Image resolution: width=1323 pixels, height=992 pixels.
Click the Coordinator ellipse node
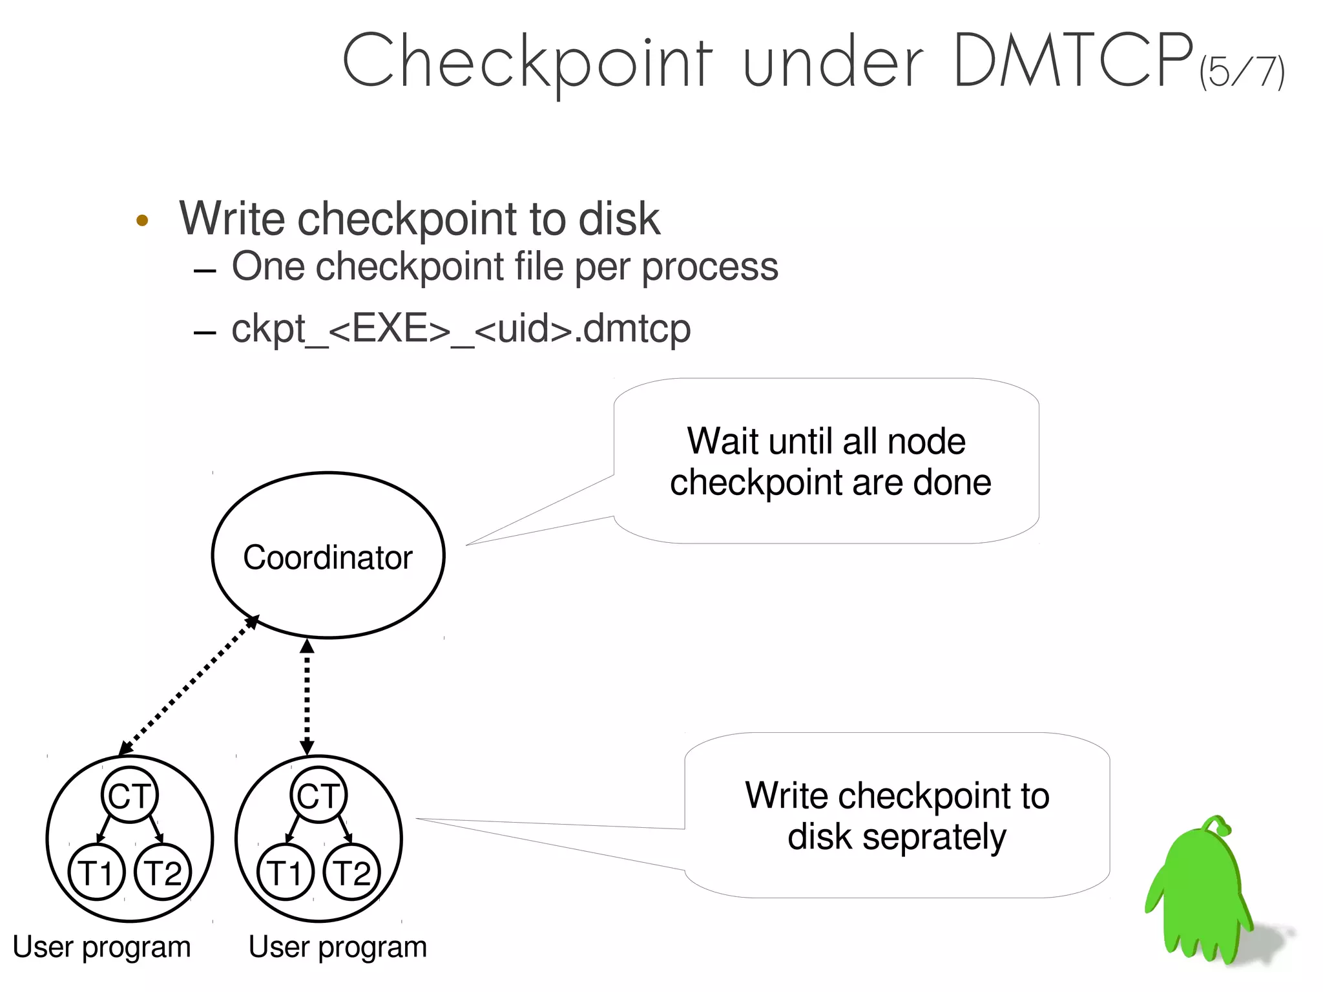pos(328,556)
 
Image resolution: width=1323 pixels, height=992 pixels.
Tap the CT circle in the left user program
pos(129,795)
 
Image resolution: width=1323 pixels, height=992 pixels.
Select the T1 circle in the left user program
pos(96,872)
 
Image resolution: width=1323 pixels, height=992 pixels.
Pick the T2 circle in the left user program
pos(163,872)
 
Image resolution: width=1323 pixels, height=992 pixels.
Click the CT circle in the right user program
pos(318,795)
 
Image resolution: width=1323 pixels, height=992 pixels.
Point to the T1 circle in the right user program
pos(285,872)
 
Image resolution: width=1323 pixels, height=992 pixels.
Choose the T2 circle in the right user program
pos(351,872)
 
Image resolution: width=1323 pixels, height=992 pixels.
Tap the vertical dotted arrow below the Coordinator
pos(307,697)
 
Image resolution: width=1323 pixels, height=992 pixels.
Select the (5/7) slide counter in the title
pos(1242,71)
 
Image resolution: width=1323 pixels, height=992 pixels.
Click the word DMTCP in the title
pos(1072,61)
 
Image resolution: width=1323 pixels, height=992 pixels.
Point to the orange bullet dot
pos(142,220)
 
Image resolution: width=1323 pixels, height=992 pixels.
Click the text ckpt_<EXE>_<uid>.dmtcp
pos(461,328)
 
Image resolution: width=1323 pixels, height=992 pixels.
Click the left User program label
pos(101,947)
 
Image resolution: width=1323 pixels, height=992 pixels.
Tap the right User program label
pos(337,947)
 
